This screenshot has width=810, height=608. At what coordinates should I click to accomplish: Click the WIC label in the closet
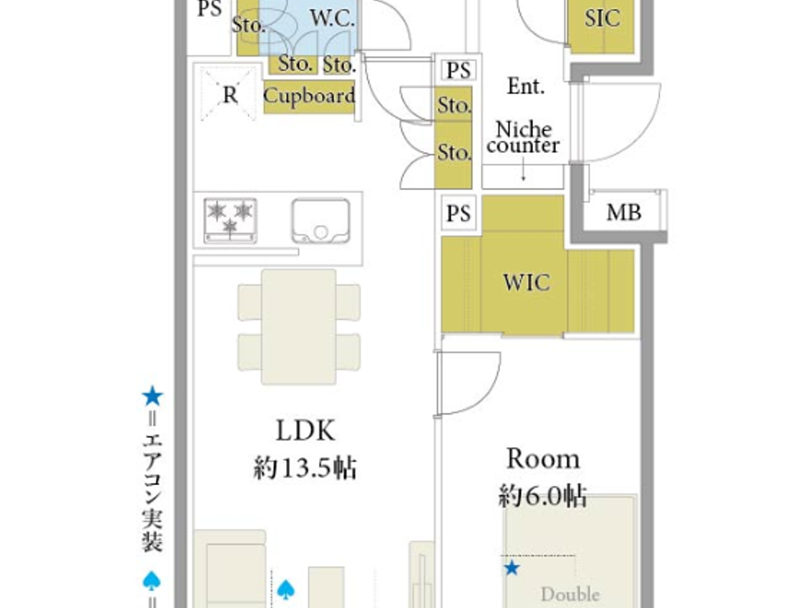pos(526,283)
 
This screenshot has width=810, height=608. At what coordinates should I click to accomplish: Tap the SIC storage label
pos(602,19)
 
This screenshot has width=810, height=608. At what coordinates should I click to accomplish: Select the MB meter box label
pos(624,213)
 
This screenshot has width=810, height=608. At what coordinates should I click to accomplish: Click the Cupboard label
pos(309,96)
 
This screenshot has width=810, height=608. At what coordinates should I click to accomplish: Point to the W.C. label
pos(332,19)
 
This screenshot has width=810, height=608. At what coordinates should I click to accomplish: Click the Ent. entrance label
pos(525,87)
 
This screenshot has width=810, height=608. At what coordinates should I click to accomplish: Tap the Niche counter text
pos(523,137)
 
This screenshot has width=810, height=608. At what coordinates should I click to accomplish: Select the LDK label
pos(305,431)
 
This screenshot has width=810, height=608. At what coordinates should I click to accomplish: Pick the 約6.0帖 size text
pos(542,496)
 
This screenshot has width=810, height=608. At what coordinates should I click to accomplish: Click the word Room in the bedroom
pos(543,459)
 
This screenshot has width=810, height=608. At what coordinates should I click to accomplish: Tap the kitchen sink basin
pos(321,221)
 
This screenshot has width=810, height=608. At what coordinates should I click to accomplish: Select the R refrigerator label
pos(230,95)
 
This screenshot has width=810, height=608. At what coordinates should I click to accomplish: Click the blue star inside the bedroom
pos(511,568)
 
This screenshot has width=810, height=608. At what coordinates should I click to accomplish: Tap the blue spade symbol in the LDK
pos(286,589)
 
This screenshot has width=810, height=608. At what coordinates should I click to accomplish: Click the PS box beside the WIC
pos(458,214)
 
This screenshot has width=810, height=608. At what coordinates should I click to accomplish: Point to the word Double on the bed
pos(570,594)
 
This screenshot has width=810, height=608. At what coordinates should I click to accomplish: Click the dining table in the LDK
pos(299,327)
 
